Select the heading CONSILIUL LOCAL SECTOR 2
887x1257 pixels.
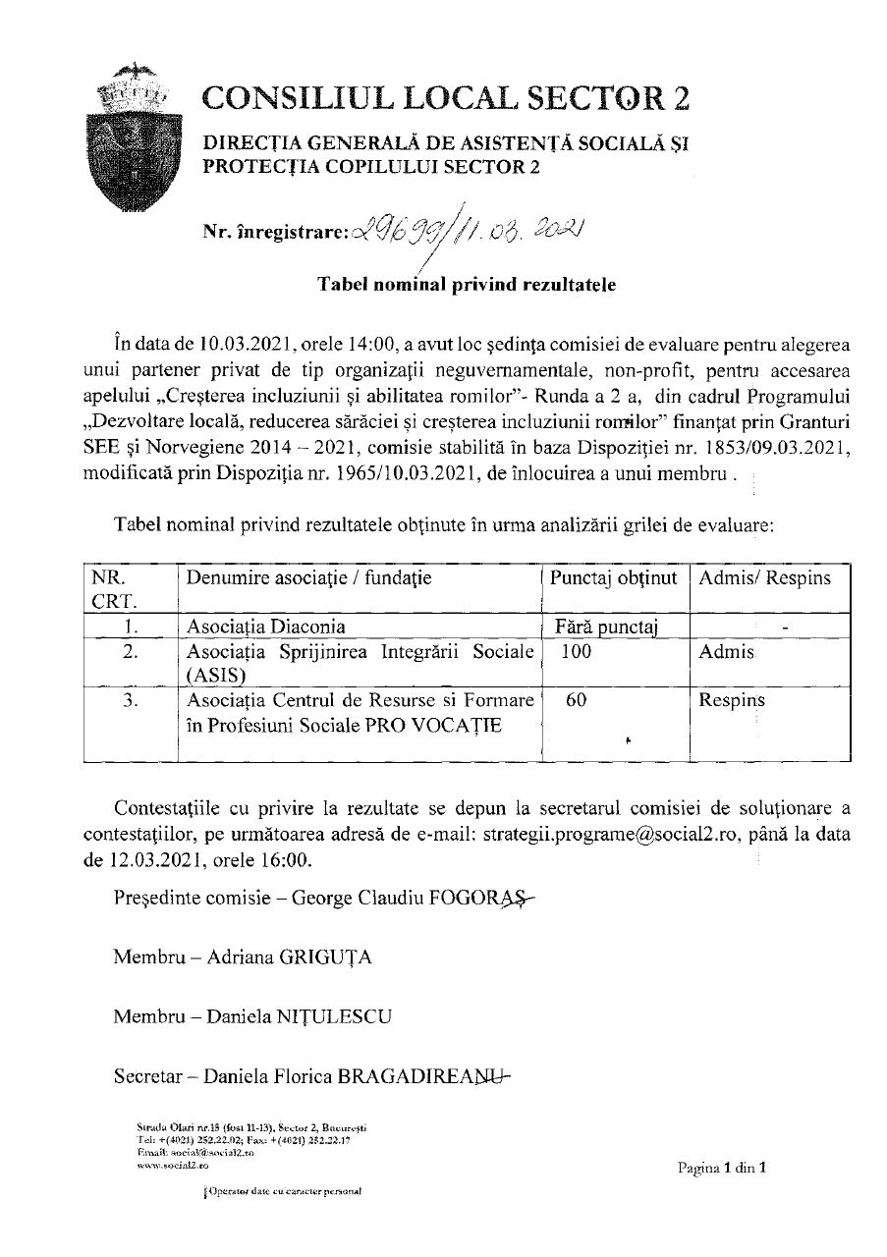[x=446, y=98]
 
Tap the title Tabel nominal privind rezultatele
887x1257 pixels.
[x=466, y=286]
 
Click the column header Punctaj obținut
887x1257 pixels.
[x=614, y=578]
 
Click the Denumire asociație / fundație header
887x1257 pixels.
[x=308, y=578]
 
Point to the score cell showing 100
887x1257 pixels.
[x=577, y=651]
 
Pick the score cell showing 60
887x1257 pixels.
[x=578, y=701]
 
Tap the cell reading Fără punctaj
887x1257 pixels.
[x=606, y=626]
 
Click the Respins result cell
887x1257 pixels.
[x=732, y=701]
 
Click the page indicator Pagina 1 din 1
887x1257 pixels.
[x=720, y=1169]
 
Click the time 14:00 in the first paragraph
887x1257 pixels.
[x=367, y=344]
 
